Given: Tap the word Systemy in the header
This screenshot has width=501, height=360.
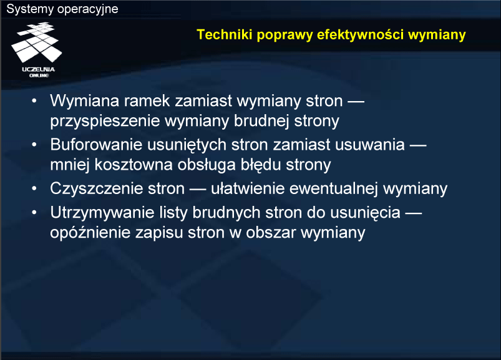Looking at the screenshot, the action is [x=30, y=9].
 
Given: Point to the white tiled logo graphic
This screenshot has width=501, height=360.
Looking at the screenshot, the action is [x=36, y=42].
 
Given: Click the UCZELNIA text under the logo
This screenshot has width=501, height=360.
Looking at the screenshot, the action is [x=38, y=69].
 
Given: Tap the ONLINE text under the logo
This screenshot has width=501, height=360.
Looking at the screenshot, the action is [x=39, y=75].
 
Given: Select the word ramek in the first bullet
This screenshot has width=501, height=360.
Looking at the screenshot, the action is [x=147, y=100].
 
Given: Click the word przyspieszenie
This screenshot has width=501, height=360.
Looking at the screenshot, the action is [x=105, y=122].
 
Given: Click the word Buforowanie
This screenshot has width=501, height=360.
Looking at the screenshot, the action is [x=96, y=144].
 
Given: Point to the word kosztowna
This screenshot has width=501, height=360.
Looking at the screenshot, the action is [x=134, y=165].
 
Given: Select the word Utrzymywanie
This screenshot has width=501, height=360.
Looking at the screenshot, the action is [x=102, y=213].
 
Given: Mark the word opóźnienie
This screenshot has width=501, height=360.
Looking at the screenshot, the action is [x=90, y=233].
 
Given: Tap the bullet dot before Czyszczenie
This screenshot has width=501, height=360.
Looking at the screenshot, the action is [x=34, y=188].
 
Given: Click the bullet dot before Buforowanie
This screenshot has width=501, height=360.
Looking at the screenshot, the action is [x=34, y=144].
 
